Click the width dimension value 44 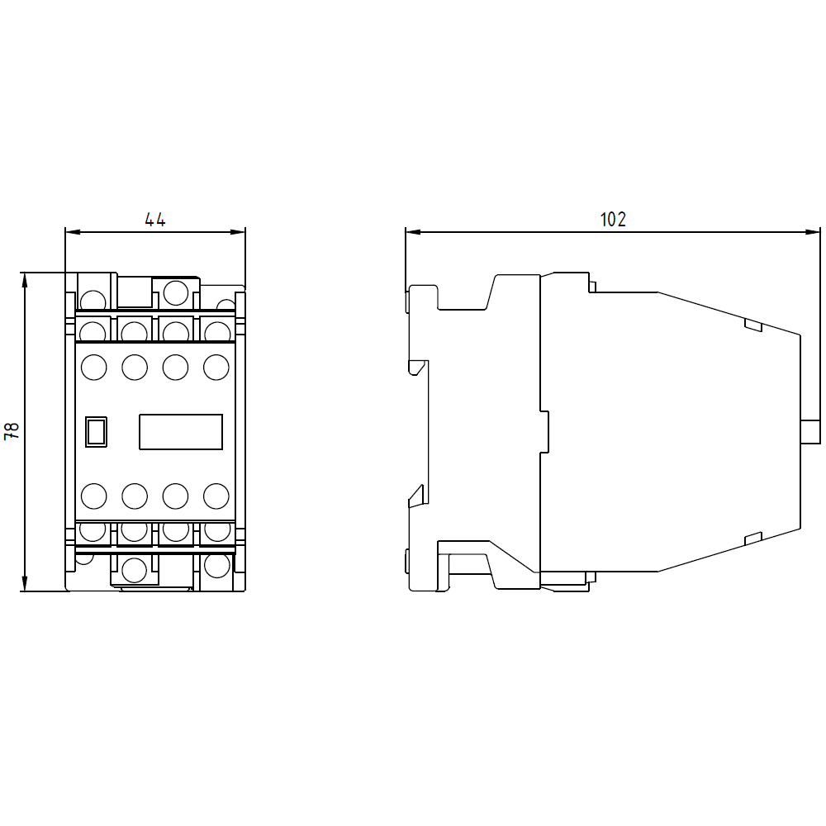[155, 220]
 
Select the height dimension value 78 [12, 430]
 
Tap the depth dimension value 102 [612, 220]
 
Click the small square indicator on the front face [97, 431]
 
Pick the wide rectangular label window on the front [181, 431]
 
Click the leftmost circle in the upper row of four [94, 367]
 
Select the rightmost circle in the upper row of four [216, 367]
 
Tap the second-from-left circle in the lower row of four [135, 496]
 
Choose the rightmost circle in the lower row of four [216, 496]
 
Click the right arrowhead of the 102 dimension [812, 231]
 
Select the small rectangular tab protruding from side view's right [810, 431]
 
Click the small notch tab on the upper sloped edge [752, 325]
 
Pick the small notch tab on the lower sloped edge [752, 539]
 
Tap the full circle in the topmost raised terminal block [175, 292]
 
